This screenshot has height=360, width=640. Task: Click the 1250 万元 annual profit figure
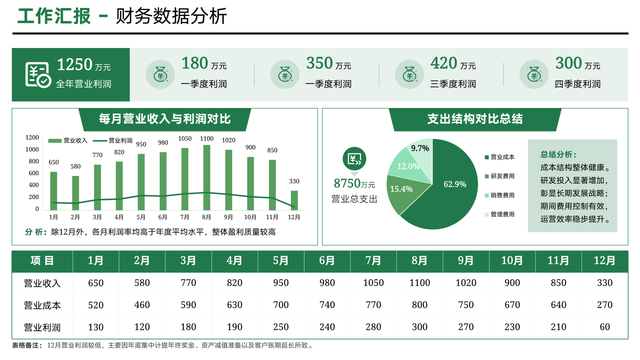(83, 65)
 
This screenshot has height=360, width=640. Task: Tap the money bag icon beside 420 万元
(409, 74)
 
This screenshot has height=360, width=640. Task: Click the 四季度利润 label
(577, 84)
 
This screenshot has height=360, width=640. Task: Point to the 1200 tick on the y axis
(32, 138)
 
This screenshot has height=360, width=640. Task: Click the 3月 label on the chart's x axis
(97, 217)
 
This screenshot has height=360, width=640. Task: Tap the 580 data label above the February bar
(76, 166)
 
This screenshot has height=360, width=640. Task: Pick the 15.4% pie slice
(402, 194)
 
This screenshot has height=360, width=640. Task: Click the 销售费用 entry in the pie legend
(502, 195)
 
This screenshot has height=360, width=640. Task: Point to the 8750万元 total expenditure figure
(354, 184)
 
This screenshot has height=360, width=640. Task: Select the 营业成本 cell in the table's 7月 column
(373, 305)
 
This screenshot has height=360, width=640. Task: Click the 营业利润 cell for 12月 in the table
(604, 327)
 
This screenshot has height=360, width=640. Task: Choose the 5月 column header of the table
(281, 261)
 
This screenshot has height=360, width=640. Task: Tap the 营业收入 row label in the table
(42, 283)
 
